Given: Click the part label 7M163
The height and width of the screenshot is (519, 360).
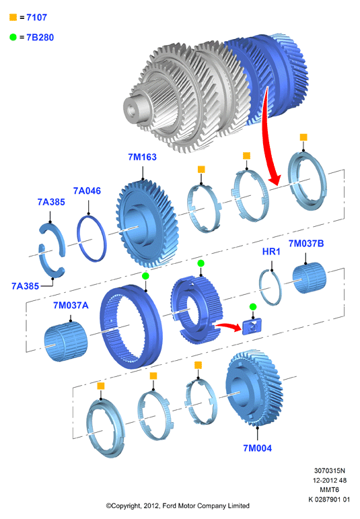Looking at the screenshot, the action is (142, 157).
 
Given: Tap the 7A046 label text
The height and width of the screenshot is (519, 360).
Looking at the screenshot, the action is (87, 191).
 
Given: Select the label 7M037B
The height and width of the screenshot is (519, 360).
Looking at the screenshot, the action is (306, 243).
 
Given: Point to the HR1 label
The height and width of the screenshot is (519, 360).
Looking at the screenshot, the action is (271, 252).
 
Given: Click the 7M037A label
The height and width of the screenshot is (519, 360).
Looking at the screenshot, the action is (71, 305).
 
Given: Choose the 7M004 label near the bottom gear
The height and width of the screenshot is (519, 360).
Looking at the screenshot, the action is (258, 448).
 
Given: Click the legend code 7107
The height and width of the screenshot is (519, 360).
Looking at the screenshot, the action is (37, 18).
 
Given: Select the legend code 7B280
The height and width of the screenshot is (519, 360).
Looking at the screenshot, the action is (40, 38).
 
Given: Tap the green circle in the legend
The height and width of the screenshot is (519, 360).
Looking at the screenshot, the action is (13, 37).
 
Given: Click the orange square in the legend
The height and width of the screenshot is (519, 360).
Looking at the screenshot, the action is (13, 18).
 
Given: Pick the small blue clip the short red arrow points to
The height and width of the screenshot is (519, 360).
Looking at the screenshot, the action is (252, 326).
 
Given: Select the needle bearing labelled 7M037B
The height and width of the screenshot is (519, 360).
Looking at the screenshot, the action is (310, 278).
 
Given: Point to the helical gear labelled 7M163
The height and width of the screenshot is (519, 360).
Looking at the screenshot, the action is (147, 223).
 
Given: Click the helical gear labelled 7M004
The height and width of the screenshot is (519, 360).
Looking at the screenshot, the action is (254, 388).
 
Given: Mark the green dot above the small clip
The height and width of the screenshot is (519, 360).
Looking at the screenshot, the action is (253, 307).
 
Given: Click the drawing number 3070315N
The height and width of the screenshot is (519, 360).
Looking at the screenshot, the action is (329, 471).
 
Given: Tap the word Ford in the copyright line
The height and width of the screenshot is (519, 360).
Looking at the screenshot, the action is (169, 506).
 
